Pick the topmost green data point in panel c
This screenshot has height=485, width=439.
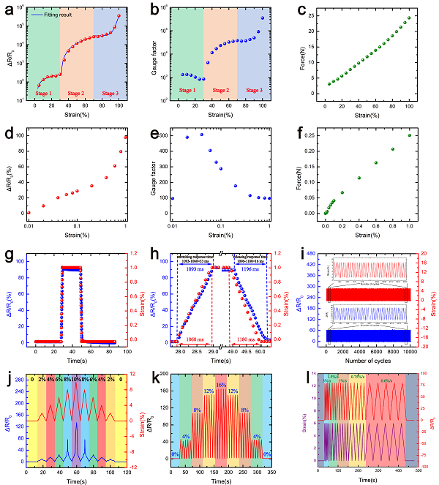click(410, 18)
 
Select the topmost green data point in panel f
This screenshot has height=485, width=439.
click(410, 135)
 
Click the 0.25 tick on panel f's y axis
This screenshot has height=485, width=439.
click(313, 135)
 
